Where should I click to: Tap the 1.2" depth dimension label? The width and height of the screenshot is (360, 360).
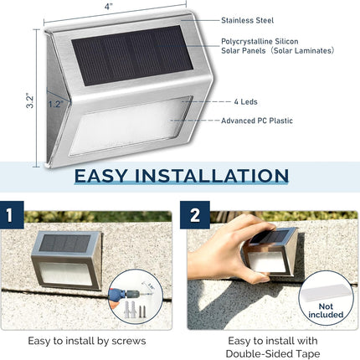click(54, 105)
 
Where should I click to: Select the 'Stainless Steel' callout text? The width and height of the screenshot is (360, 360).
click(249, 19)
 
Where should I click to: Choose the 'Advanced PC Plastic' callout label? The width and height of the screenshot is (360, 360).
click(256, 121)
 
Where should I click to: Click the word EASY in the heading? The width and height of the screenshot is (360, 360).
click(107, 177)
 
